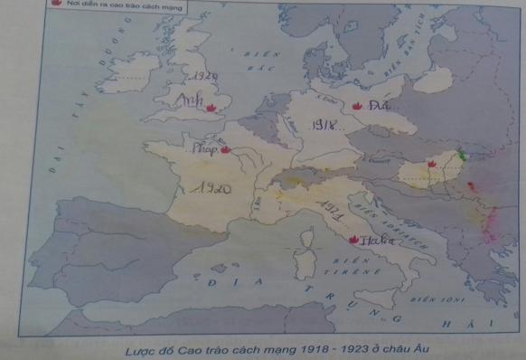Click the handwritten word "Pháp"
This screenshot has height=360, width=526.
pos(204,149)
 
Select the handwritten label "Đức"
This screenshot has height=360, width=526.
pos(377,108)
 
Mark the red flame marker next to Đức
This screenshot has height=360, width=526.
pos(356,107)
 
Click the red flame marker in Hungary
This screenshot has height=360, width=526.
pos(432,164)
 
